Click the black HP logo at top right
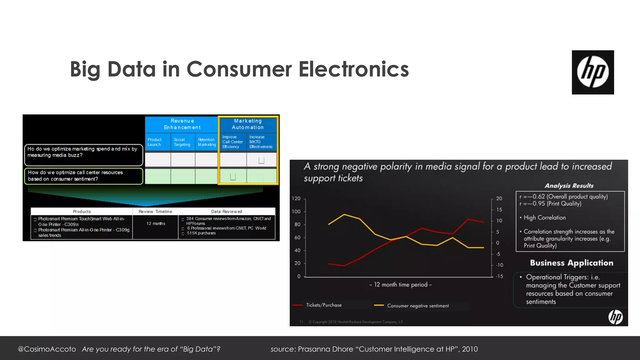[x=592, y=72]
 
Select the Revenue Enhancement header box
[x=182, y=124]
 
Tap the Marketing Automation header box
[x=248, y=124]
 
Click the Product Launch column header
[x=155, y=142]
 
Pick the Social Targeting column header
[x=182, y=142]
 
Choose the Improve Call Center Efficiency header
[x=232, y=142]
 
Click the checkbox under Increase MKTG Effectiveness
[x=262, y=160]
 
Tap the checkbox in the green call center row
[x=233, y=177]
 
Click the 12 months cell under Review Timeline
[x=156, y=223]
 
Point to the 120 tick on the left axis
[x=296, y=198]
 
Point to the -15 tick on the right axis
[x=499, y=276]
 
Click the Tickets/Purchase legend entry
[x=323, y=305]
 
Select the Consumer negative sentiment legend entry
[x=417, y=306]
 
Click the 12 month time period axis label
[x=400, y=285]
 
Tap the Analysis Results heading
[x=569, y=186]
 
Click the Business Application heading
[x=571, y=263]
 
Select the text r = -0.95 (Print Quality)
[x=550, y=204]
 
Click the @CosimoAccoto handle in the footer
[x=47, y=349]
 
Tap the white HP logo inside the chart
[x=615, y=317]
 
